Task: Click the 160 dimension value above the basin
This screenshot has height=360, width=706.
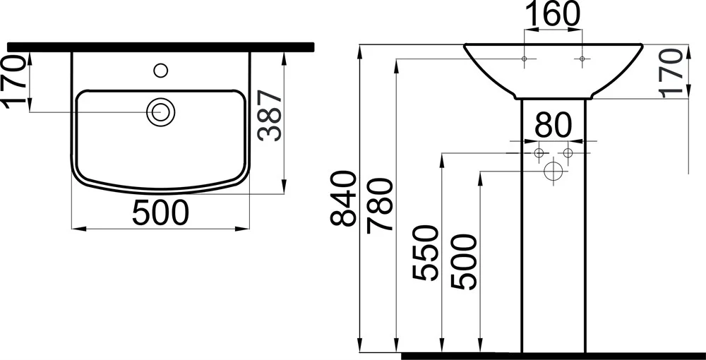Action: click(553, 15)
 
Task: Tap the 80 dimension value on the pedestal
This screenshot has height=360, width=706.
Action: click(553, 125)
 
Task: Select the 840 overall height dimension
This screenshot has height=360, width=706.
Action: click(344, 198)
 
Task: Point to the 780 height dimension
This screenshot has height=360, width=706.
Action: click(380, 205)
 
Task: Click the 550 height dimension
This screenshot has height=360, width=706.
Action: click(424, 253)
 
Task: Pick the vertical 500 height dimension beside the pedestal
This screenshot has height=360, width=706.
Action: click(463, 262)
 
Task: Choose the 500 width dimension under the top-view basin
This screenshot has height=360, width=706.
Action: click(160, 213)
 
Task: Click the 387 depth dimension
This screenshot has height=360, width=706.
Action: click(270, 116)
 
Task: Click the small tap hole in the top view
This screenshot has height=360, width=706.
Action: click(161, 70)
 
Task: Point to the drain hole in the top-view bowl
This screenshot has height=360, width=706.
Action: click(160, 111)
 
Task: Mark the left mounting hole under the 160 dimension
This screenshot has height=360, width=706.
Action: click(524, 59)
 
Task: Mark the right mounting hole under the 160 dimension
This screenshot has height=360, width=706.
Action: click(582, 59)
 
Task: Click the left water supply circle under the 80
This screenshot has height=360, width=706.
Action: click(539, 153)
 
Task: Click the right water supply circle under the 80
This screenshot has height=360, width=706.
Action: click(568, 153)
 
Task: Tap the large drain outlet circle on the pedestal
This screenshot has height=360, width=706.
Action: click(553, 172)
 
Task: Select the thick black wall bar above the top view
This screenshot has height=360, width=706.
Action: click(161, 47)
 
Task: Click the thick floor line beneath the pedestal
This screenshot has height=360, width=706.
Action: click(554, 356)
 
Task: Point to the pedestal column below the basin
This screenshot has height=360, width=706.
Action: click(554, 225)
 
